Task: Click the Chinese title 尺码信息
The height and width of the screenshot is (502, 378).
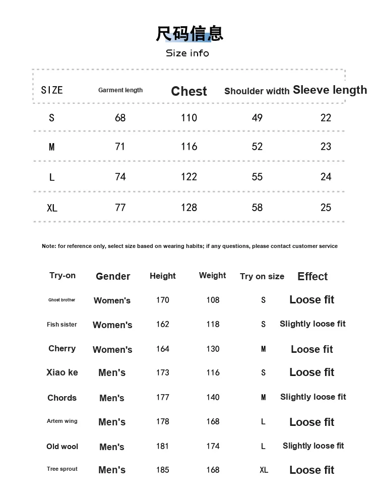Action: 189,33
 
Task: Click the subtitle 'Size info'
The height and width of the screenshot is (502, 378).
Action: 187,53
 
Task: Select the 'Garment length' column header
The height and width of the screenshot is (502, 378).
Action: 120,90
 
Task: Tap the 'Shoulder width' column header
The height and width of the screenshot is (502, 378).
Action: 257,91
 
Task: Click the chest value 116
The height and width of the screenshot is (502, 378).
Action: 189,147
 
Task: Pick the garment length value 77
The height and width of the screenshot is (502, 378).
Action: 120,207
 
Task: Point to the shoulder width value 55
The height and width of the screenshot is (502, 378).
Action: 257,177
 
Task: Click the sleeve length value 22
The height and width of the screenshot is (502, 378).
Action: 326,118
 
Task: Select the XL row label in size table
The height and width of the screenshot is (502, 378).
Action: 52,208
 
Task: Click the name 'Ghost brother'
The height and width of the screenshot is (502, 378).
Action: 61,300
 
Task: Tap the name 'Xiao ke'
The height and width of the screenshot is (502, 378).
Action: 62,372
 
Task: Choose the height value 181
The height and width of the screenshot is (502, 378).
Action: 162,446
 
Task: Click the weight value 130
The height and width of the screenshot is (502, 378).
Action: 213,349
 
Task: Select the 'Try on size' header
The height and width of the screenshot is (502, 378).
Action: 262,276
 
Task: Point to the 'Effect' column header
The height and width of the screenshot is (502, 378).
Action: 312,276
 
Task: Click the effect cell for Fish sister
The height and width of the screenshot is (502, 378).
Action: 312,324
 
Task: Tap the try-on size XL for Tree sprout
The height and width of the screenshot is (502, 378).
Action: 264,470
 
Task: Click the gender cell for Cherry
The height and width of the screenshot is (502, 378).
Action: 112,349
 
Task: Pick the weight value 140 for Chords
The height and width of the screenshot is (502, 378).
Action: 213,397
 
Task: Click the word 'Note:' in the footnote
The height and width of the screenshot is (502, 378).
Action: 49,246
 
